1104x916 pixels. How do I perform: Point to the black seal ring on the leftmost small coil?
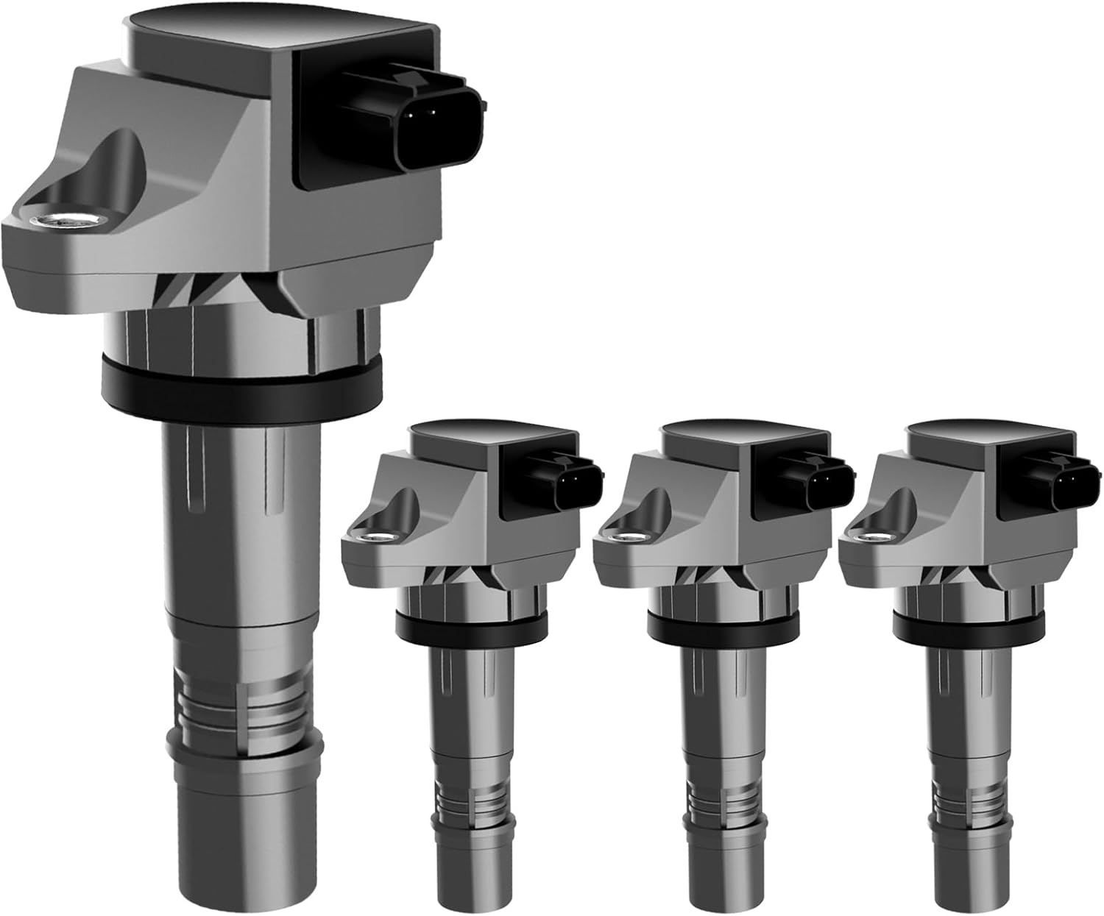point(471,625)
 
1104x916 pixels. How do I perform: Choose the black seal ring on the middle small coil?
point(723,625)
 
